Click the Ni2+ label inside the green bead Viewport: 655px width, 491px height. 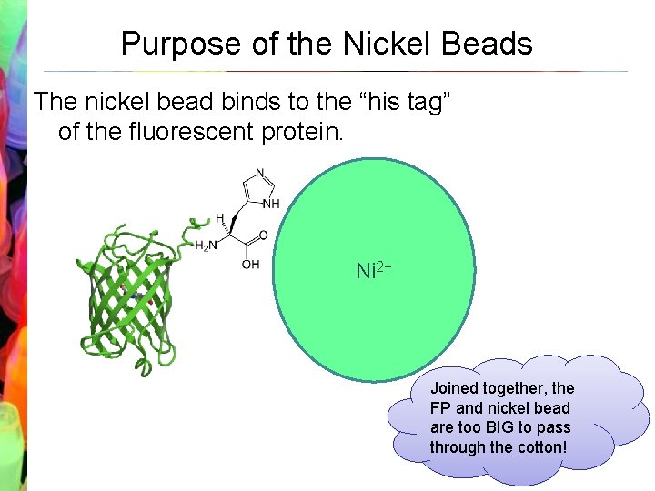coord(373,270)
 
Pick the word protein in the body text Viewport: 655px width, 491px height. coord(301,133)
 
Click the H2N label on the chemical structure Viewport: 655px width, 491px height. coord(207,245)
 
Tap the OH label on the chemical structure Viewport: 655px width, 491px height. coord(251,265)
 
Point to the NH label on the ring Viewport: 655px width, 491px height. coord(271,204)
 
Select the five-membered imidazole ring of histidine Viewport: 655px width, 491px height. coord(258,190)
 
